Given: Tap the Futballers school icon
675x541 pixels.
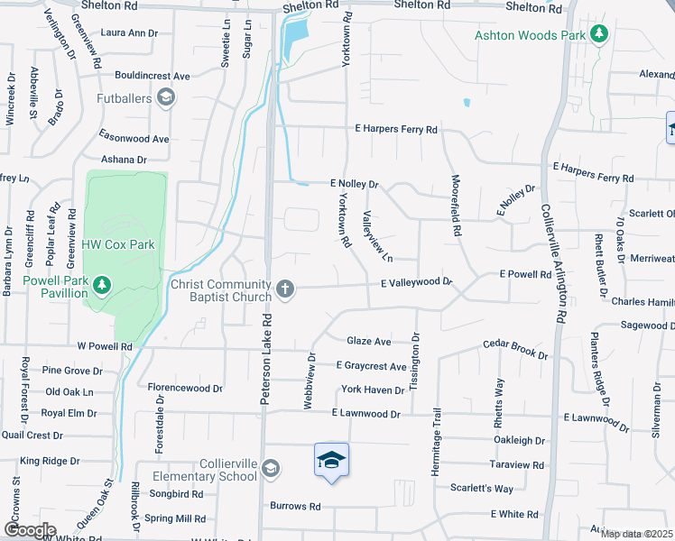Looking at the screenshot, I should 165,96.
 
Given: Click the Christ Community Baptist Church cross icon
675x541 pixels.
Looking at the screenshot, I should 285,289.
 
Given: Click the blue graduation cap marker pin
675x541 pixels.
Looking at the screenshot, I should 331,462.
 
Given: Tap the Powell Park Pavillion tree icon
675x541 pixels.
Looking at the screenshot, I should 102,286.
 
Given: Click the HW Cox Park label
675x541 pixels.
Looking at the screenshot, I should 118,244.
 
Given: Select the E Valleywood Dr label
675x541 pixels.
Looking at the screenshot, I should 415,282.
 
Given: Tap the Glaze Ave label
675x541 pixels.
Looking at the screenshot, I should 369,341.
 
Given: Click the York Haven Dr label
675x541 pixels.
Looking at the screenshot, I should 373,390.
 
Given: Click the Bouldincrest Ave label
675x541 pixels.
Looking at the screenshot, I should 152,76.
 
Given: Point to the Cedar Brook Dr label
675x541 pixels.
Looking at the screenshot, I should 515,348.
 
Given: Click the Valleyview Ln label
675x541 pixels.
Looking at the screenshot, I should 377,236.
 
